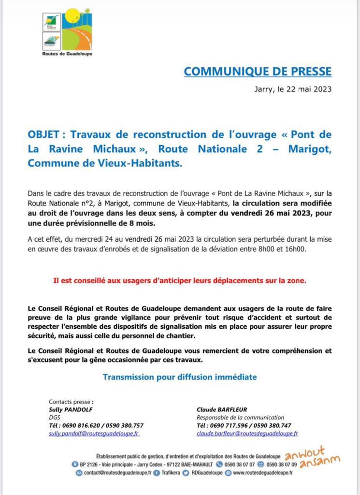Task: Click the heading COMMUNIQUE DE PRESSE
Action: pos(258,72)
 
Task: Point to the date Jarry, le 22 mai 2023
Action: pos(293,89)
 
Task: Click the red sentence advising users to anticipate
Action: pos(180,280)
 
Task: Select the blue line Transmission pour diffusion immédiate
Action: pos(180,377)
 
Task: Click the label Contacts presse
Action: pos(71,401)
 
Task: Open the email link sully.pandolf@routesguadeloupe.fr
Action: pos(94,434)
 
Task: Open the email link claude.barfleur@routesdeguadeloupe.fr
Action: pos(247,434)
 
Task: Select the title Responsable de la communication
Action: pos(240,417)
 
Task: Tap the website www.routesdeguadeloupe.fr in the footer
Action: pos(263,473)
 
